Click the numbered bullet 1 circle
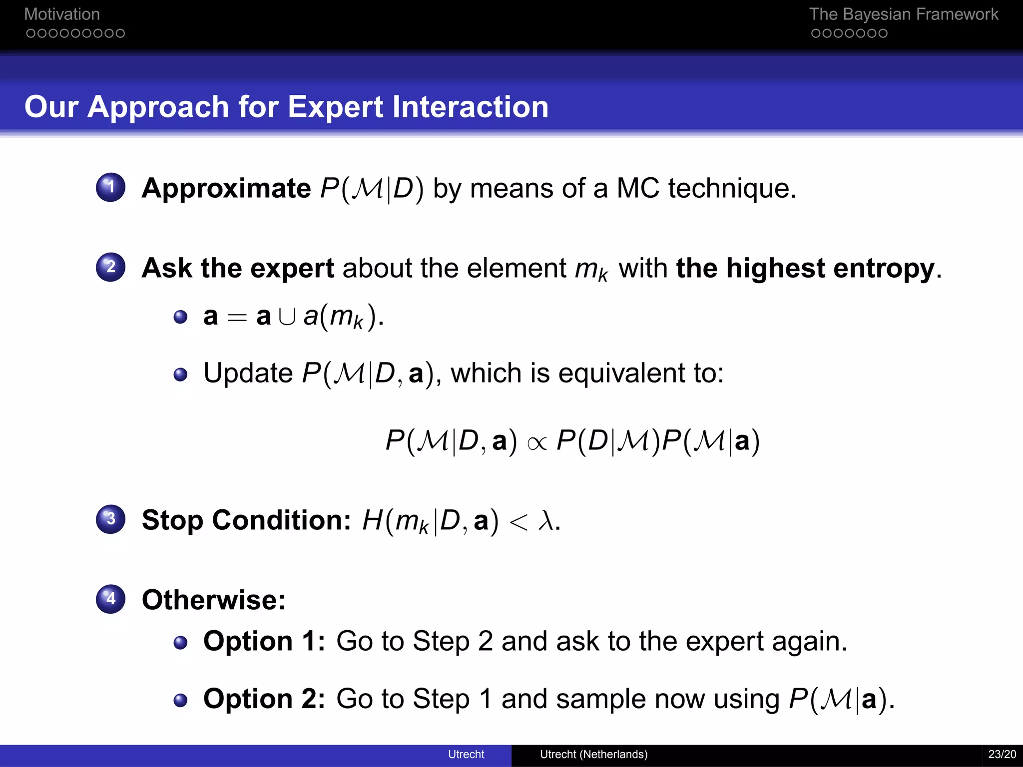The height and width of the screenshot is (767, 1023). (110, 187)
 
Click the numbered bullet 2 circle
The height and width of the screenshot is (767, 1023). (110, 267)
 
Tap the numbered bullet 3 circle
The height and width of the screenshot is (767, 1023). (110, 519)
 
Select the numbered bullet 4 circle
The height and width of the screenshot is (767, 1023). (110, 599)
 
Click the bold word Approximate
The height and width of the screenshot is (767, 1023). (226, 188)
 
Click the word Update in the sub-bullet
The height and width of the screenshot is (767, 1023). (248, 373)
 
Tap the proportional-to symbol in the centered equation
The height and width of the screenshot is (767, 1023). (537, 442)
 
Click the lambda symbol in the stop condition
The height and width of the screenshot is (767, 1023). (546, 521)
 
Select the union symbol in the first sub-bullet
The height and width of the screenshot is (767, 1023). (287, 317)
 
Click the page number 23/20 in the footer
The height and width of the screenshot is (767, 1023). (1002, 754)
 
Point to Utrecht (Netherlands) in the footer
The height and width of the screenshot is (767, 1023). (593, 754)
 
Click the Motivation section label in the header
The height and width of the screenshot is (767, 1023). (62, 14)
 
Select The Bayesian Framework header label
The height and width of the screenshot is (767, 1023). (903, 14)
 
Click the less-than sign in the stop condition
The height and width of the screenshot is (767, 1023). (518, 522)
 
